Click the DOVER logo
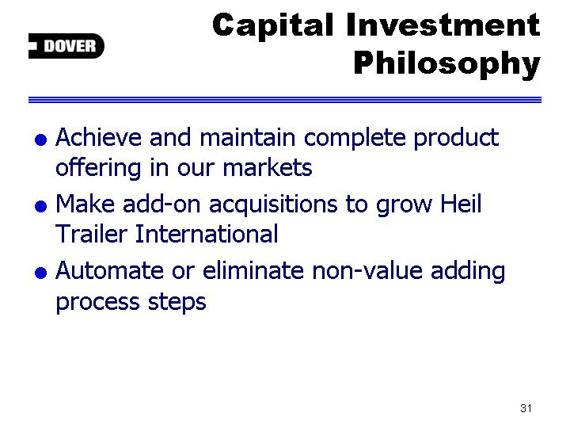66,46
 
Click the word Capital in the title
272,25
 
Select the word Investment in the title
443,25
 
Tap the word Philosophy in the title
447,64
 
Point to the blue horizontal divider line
285,100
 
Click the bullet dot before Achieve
40,139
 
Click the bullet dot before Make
40,206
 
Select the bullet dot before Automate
40,273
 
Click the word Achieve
98,138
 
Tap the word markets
268,168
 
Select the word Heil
461,204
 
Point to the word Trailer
91,234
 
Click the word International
207,234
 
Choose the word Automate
109,271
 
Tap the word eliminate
253,270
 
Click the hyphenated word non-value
367,270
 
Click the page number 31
526,408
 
